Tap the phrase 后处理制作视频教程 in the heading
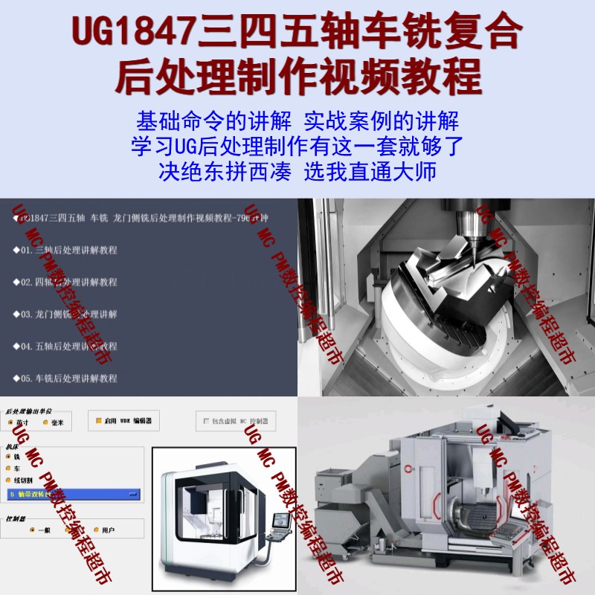(297, 76)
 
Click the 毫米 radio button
(45, 422)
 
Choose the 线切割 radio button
(8, 480)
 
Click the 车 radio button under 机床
(8, 469)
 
